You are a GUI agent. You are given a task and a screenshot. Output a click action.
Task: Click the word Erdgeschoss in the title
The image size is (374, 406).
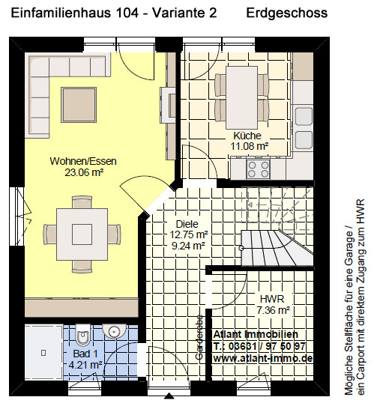(287, 13)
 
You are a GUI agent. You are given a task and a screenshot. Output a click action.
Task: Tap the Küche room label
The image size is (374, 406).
(247, 136)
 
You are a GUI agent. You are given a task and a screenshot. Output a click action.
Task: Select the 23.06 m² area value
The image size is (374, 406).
(84, 172)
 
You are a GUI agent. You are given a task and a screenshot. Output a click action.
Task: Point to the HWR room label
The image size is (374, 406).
(272, 299)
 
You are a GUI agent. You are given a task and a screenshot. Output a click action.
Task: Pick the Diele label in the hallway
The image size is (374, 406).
(187, 224)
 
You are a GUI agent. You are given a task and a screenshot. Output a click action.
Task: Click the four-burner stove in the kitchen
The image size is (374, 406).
(259, 169)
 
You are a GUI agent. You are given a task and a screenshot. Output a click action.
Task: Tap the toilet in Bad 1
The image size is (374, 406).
(82, 335)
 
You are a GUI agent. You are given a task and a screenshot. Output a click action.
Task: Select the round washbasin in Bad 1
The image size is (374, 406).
(114, 330)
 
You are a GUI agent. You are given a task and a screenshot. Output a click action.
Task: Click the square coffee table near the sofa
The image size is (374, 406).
(79, 105)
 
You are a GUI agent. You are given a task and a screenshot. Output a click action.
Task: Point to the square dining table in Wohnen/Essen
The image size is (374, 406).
(82, 234)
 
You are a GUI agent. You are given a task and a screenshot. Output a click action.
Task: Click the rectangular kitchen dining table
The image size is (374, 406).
(241, 97)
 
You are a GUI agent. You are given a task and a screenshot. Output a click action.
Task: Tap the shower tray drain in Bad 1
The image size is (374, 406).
(43, 353)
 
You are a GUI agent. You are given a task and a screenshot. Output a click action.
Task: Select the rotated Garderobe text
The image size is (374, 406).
(199, 337)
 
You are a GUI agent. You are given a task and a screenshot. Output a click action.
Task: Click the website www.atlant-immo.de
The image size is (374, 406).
(263, 359)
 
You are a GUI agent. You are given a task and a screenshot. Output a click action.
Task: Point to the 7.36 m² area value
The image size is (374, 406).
(274, 310)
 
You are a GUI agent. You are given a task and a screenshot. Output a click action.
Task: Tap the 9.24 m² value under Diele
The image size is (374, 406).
(188, 246)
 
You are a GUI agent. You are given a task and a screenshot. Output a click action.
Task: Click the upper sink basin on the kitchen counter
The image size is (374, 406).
(304, 117)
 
